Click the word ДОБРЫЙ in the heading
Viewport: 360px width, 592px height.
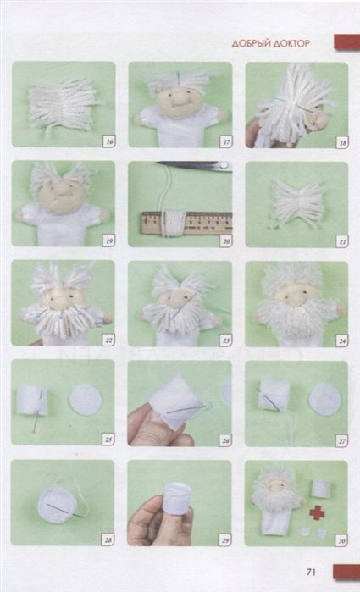[250, 44]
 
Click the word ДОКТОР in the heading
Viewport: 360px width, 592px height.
[291, 44]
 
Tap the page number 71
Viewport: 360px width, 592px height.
[311, 572]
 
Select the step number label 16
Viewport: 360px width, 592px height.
[109, 142]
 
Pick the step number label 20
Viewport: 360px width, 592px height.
[226, 241]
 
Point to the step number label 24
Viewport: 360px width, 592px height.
[342, 341]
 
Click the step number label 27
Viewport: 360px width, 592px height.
[342, 440]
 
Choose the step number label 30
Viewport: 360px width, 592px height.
[342, 540]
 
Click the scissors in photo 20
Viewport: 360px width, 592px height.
[195, 165]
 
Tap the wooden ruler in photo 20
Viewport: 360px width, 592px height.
[187, 223]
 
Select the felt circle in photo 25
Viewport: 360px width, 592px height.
[86, 400]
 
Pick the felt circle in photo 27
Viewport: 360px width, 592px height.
[325, 402]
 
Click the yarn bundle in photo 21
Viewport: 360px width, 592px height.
[298, 204]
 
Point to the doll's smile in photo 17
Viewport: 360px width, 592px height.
[176, 102]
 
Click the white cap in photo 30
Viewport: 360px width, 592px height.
[322, 489]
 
